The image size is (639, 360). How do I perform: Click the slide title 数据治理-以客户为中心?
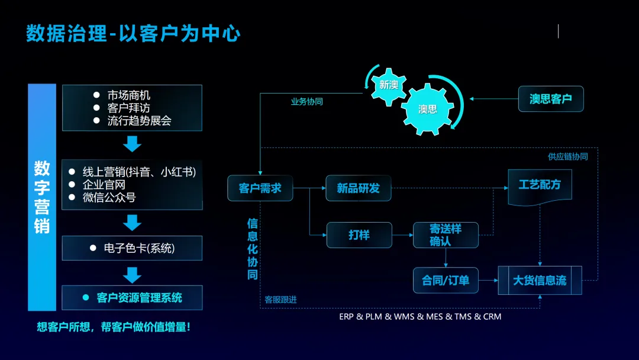click(x=133, y=33)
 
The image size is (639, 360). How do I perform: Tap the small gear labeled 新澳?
click(x=388, y=85)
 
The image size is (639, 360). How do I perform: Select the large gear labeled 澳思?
click(x=427, y=109)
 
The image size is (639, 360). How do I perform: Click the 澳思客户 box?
click(x=550, y=99)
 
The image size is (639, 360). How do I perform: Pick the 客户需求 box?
click(x=260, y=188)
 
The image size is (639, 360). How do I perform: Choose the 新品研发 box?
click(x=358, y=188)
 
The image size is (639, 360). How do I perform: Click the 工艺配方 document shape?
click(x=540, y=185)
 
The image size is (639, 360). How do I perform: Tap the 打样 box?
click(x=359, y=234)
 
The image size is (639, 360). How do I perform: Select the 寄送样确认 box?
click(x=445, y=234)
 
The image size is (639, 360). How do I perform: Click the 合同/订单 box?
click(x=445, y=280)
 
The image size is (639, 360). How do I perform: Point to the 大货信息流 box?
click(x=540, y=280)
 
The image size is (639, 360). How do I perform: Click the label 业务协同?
click(x=306, y=102)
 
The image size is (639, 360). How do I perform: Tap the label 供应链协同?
click(x=567, y=156)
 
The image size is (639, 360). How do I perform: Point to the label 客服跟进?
click(x=280, y=300)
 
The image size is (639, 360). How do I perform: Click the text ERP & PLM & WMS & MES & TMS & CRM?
click(x=420, y=316)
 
